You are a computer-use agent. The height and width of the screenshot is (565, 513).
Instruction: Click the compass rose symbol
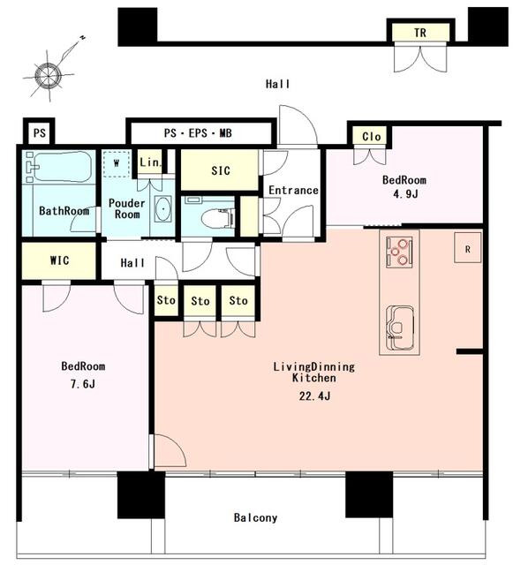49,76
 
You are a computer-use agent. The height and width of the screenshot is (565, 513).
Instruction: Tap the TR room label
420,33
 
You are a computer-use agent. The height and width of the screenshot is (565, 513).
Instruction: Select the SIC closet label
220,170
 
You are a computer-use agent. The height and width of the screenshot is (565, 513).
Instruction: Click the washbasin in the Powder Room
163,208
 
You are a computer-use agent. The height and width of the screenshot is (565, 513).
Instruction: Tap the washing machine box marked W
116,163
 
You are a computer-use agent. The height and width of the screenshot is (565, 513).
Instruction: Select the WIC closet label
59,260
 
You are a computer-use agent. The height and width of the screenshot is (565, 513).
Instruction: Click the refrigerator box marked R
468,247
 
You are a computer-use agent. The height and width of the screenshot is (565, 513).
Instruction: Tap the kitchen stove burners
399,252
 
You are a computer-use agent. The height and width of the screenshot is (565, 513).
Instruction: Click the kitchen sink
400,328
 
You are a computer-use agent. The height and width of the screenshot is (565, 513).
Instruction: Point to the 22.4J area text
314,396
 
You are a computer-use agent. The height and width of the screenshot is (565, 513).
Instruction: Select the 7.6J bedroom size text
83,384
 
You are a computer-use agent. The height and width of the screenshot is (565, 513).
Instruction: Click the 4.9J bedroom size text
405,194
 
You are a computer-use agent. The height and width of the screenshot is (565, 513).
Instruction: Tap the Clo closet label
372,137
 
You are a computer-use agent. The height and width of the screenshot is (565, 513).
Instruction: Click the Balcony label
255,518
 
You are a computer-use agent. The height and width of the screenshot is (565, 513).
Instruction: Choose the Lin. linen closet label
149,162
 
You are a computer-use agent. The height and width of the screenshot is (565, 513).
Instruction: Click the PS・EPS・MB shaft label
198,133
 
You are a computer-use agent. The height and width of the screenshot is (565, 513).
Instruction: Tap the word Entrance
293,191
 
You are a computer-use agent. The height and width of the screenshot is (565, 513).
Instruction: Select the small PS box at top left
40,132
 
